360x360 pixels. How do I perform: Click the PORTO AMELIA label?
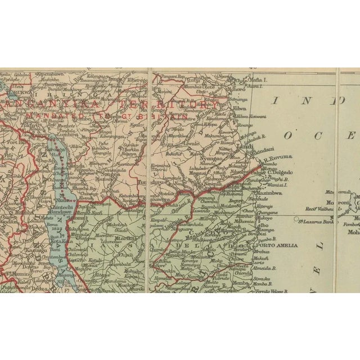tap(277, 245)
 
